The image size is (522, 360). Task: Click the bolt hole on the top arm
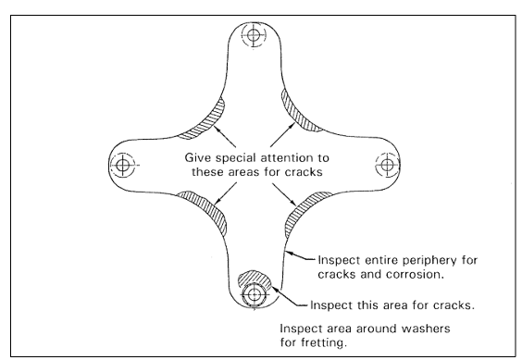click(254, 34)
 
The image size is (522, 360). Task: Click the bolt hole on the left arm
click(122, 165)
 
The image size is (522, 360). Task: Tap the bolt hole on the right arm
click(387, 165)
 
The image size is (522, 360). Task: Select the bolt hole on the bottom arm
click(254, 294)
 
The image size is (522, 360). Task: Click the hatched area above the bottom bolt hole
click(255, 279)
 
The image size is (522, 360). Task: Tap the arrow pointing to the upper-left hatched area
click(225, 137)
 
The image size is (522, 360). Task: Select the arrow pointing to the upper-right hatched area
click(282, 135)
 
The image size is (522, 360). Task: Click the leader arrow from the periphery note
click(300, 255)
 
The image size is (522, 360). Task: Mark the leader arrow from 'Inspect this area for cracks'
click(290, 296)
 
